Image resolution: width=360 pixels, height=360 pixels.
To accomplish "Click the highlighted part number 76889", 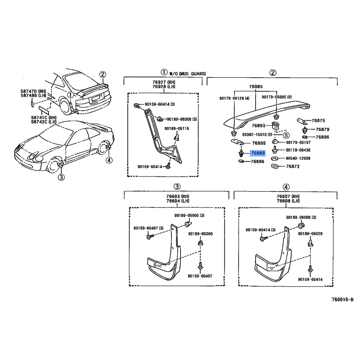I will point(258,153).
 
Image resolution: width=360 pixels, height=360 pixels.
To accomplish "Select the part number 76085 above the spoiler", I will point(256,86).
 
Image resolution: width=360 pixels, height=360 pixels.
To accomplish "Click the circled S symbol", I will point(286,135).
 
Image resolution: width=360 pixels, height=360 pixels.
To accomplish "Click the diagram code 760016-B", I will point(343,299).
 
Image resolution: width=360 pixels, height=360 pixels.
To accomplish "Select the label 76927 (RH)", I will point(163,82).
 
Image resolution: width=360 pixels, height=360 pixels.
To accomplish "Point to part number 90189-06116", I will point(176,129).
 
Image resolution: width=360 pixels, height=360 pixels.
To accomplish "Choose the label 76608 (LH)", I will point(289,202).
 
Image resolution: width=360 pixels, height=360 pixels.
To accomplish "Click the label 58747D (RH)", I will point(32,91).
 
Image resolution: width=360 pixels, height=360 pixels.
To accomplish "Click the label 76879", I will point(322,129).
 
